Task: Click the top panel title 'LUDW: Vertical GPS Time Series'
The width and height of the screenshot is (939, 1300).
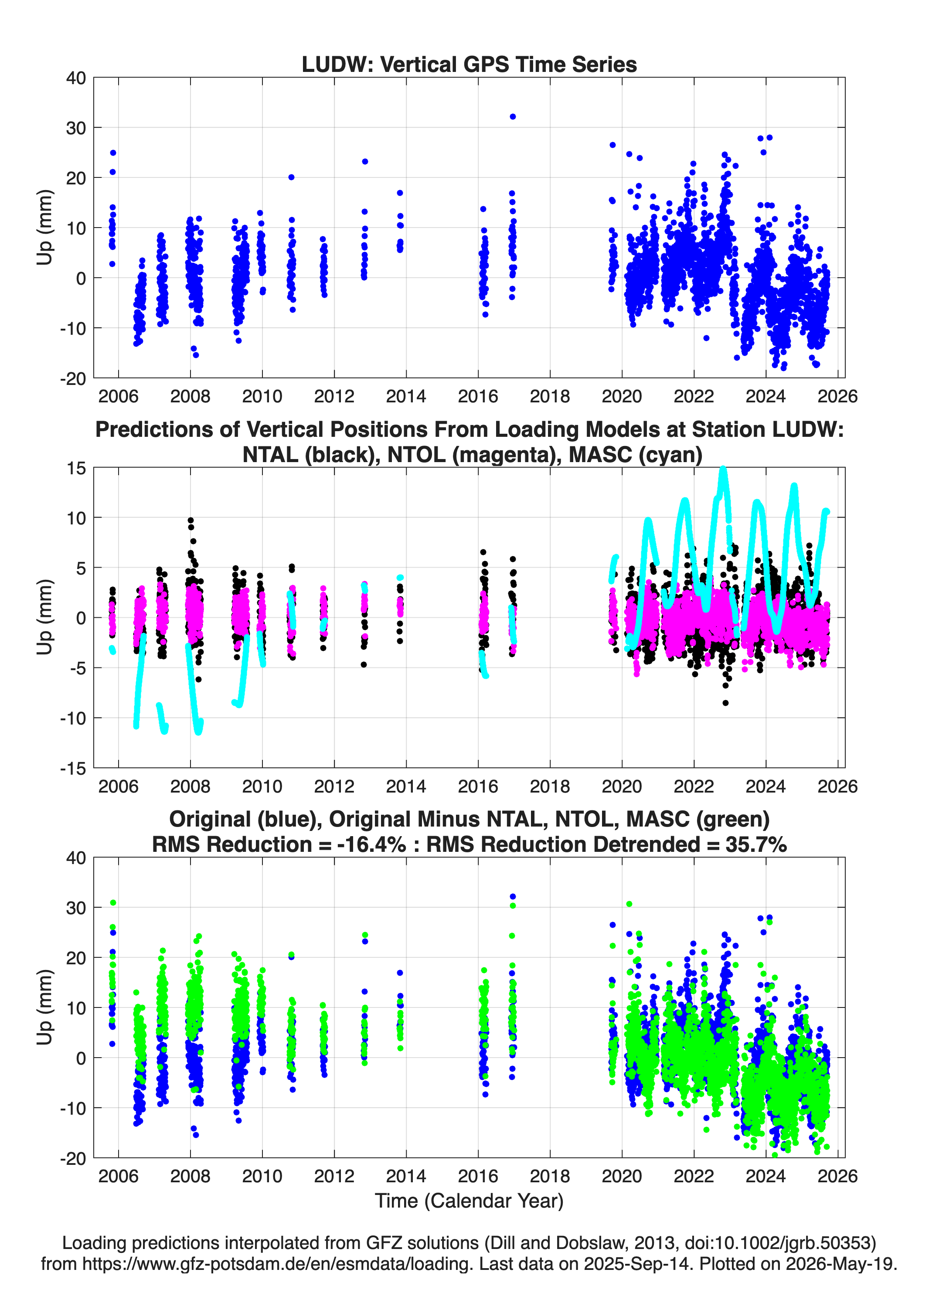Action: (469, 64)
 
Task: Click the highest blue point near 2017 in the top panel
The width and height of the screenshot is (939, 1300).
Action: (513, 116)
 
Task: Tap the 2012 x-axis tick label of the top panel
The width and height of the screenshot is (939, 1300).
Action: (334, 396)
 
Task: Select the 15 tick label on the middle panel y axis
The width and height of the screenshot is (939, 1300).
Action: (76, 468)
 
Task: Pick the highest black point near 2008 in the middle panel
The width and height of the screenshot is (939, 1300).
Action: (191, 521)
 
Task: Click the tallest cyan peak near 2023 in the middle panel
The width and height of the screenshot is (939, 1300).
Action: (723, 470)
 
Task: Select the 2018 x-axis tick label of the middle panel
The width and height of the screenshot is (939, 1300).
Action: (550, 786)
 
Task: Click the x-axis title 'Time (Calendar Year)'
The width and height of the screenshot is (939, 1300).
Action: (469, 1200)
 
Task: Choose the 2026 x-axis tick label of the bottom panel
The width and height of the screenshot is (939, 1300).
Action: (837, 1176)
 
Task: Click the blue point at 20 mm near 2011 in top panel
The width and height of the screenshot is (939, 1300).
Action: (291, 177)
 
